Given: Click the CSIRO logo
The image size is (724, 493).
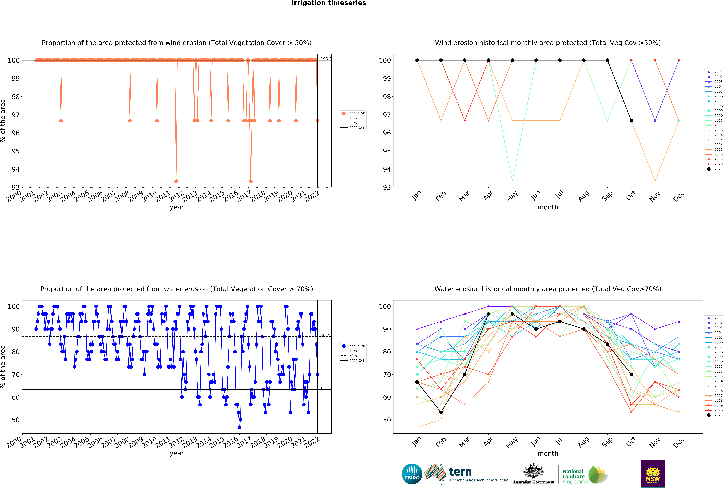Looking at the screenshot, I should (412, 474).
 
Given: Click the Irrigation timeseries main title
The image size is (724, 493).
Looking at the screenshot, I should (329, 3).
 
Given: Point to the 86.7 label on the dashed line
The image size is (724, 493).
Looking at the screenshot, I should (325, 335).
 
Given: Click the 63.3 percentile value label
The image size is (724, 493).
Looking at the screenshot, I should (325, 388).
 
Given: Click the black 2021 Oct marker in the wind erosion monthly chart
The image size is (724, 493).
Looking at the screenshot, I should (631, 121).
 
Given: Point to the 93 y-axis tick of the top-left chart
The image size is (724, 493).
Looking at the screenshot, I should (16, 187).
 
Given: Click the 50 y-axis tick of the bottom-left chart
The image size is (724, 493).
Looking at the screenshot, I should (16, 420).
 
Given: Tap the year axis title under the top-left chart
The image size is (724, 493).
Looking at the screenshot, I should (177, 207).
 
